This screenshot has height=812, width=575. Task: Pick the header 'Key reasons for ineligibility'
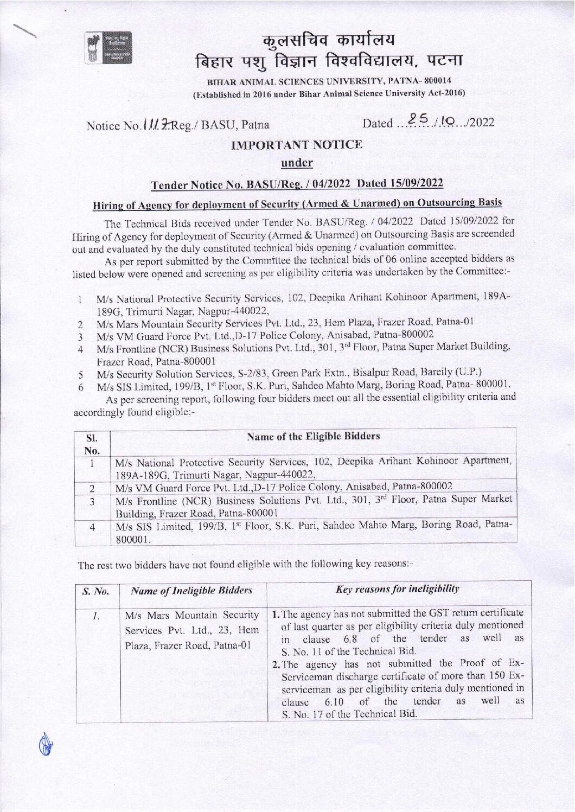point(398,589)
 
